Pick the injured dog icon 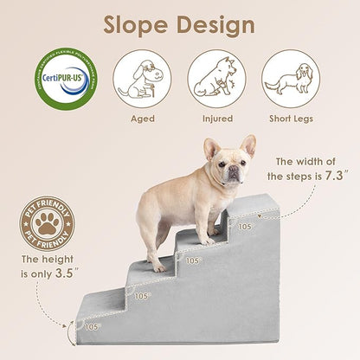[215, 77]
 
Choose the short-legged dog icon [290, 77]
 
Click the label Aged [142, 119]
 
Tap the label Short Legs [290, 119]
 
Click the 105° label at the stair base [91, 326]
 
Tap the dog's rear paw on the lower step [159, 267]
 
